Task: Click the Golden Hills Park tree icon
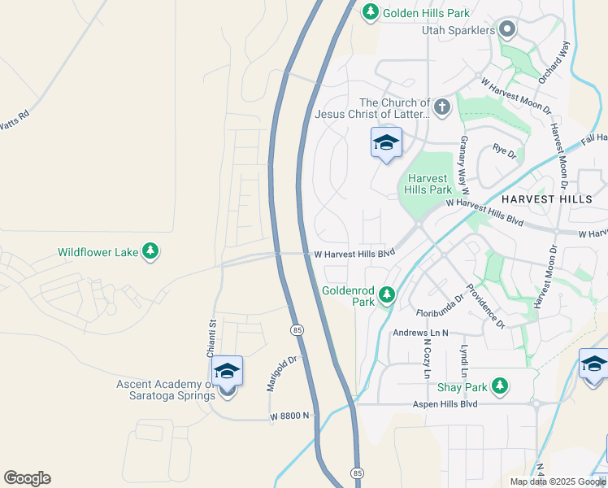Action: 371,12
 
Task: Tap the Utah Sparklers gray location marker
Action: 508,30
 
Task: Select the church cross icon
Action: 442,107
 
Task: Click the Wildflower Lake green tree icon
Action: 150,252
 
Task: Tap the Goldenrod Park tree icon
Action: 388,294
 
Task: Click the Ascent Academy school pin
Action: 228,373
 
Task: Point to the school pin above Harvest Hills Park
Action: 386,144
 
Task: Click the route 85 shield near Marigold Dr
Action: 297,329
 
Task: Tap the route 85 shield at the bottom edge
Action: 357,471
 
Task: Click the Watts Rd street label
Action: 15,119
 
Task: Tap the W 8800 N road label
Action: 291,416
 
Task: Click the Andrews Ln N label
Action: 421,333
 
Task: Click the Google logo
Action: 27,477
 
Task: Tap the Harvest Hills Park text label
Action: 428,184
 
